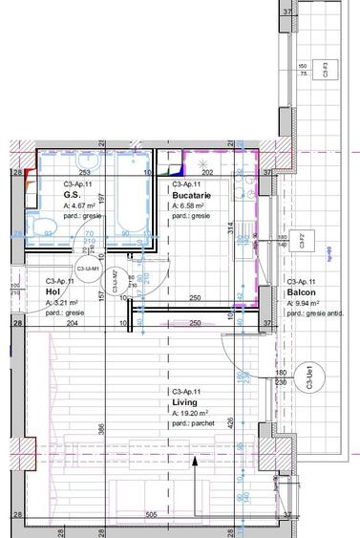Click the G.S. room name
[x=72, y=194]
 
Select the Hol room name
[x=53, y=291]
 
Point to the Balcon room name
[x=301, y=292]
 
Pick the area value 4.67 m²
[x=82, y=205]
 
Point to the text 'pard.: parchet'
[x=195, y=424]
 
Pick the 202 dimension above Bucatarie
[x=207, y=173]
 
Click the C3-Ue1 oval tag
[x=308, y=376]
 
